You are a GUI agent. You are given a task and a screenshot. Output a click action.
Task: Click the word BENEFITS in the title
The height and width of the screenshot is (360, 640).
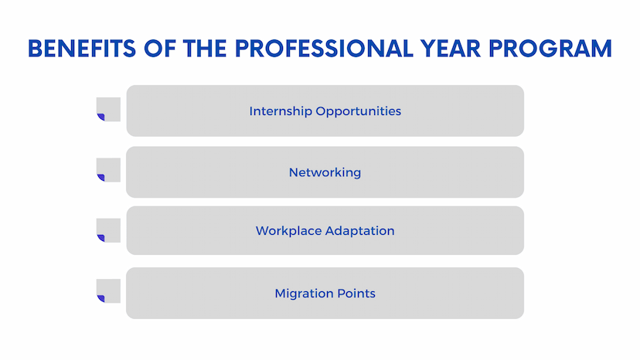click(x=82, y=49)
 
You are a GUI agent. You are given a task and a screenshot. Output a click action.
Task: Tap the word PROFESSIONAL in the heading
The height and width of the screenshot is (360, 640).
click(x=324, y=49)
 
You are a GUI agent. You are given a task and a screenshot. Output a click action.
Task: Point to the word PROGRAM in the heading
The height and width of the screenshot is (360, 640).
click(x=550, y=49)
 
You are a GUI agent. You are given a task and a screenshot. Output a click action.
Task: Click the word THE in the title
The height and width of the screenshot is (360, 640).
click(x=205, y=49)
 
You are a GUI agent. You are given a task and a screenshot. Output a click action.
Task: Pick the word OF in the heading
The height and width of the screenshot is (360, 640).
click(x=159, y=49)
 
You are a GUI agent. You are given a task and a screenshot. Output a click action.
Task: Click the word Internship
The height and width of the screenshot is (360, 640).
click(x=281, y=111)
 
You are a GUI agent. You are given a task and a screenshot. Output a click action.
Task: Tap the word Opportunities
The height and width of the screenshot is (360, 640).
click(x=359, y=111)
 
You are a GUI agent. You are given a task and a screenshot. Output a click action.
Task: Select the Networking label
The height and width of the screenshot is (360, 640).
click(x=325, y=172)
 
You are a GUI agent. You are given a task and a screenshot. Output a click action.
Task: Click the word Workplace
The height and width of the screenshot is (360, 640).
click(x=288, y=231)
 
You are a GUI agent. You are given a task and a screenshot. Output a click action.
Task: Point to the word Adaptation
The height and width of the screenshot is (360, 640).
click(x=360, y=231)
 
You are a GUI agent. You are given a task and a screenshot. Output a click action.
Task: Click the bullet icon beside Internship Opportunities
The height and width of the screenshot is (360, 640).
click(x=108, y=110)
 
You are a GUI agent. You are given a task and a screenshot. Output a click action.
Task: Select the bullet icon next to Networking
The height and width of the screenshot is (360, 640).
click(x=108, y=170)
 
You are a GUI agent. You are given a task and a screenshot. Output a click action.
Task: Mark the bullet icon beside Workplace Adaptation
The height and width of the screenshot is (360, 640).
click(x=108, y=230)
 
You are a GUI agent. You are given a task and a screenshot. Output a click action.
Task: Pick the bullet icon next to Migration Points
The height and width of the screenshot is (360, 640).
click(x=108, y=290)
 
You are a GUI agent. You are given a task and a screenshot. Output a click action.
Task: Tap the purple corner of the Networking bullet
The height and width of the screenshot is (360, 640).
click(x=101, y=178)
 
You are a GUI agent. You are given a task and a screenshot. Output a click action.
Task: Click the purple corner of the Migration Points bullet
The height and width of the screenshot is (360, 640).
click(x=101, y=298)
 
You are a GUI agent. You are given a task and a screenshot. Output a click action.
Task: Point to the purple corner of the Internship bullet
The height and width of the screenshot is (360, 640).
click(x=101, y=117)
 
